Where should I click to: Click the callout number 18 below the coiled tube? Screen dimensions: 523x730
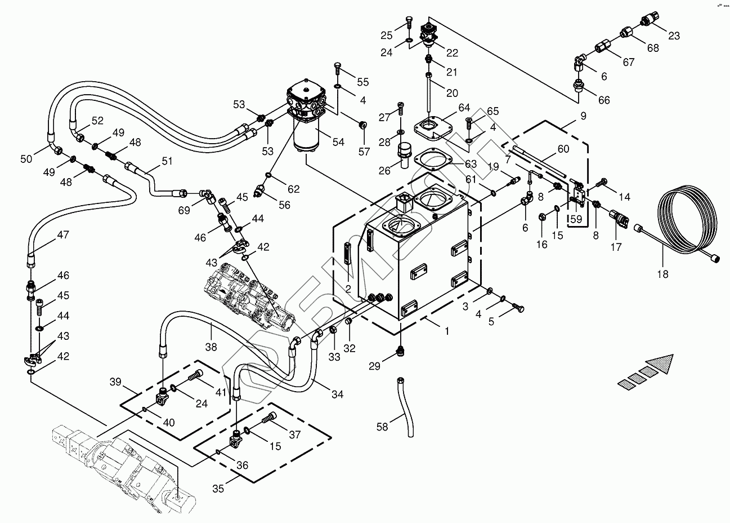(662, 274)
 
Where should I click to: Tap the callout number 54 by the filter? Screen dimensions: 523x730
(338, 143)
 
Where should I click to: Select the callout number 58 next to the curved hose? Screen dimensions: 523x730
(382, 427)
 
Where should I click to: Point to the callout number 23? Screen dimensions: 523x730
(674, 36)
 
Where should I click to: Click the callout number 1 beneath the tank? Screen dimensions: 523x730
(447, 331)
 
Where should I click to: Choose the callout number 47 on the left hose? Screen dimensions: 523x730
(62, 235)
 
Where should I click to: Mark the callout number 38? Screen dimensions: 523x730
(211, 348)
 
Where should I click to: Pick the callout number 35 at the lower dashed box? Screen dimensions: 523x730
(218, 488)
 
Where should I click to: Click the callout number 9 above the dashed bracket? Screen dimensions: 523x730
(583, 116)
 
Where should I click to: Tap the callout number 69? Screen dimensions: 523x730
(183, 210)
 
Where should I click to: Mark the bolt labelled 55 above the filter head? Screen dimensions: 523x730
(337, 70)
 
